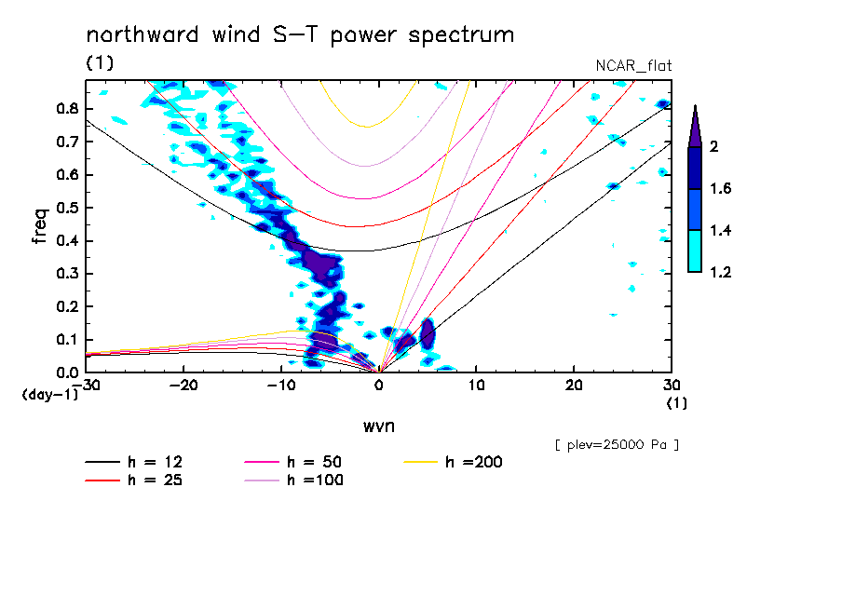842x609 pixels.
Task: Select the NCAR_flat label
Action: click(x=633, y=65)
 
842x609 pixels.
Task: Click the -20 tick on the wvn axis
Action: click(x=184, y=385)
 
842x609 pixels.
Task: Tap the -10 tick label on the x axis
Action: click(x=281, y=385)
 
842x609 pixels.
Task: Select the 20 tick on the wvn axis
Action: click(x=574, y=385)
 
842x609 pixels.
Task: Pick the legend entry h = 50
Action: click(x=316, y=462)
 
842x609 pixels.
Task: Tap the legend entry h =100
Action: click(x=316, y=480)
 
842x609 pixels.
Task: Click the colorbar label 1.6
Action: click(x=720, y=189)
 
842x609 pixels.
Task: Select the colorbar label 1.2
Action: click(x=720, y=272)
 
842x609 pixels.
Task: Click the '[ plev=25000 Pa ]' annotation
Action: click(x=617, y=445)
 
